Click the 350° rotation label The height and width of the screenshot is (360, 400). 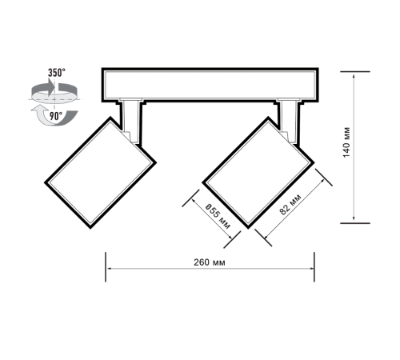(x=57, y=73)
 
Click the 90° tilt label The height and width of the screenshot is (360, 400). (x=56, y=116)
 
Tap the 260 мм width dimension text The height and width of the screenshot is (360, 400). (x=210, y=262)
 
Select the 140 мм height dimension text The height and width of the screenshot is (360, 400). (x=346, y=142)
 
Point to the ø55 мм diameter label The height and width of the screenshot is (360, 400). (x=218, y=216)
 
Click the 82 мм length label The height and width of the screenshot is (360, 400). (x=290, y=205)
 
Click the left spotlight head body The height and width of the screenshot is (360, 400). (x=100, y=173)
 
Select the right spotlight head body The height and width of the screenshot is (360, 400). (x=258, y=173)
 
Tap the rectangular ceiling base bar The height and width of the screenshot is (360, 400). (x=210, y=85)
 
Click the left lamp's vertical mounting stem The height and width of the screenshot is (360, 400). (x=131, y=122)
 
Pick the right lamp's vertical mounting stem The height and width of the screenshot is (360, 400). (x=289, y=122)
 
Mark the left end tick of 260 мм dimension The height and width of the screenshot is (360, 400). (x=106, y=266)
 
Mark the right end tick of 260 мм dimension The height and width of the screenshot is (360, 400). (x=314, y=266)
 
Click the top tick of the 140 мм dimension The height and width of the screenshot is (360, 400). (x=355, y=71)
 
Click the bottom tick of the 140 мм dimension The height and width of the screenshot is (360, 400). (x=355, y=223)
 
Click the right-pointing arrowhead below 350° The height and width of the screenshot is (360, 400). (x=51, y=87)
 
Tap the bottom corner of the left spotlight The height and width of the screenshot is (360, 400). (x=90, y=228)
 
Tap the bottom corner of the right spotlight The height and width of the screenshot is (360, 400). (x=249, y=228)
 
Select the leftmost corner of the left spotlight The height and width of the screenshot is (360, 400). (x=45, y=182)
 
